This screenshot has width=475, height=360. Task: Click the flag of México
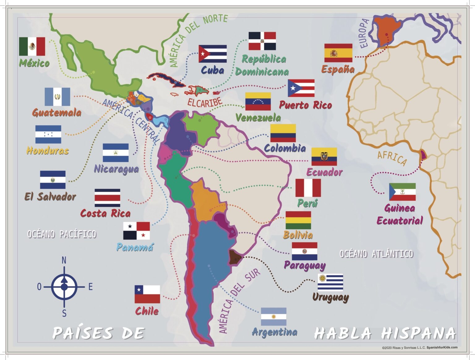(x=32, y=47)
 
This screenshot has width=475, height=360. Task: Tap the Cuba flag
(x=212, y=54)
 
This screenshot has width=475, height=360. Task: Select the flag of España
(x=338, y=53)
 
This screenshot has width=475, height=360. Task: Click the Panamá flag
(x=136, y=231)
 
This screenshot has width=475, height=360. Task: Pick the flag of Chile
(x=147, y=294)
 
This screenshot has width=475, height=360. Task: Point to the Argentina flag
(x=273, y=316)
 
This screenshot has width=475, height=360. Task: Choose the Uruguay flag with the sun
(x=330, y=282)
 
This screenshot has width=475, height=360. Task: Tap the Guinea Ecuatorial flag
(x=402, y=192)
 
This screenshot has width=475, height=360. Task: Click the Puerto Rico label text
(x=305, y=105)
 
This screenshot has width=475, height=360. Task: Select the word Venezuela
(x=258, y=117)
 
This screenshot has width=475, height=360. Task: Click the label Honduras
(x=48, y=150)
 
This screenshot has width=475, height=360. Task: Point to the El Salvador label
(x=50, y=197)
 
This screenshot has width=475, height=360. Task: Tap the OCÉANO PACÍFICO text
(x=62, y=234)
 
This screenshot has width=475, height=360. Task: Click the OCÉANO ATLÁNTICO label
(x=376, y=254)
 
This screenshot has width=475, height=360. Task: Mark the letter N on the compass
(x=64, y=260)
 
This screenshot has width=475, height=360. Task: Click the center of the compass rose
(x=64, y=287)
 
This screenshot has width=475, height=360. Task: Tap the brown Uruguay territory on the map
(x=234, y=257)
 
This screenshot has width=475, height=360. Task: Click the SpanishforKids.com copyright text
(x=419, y=348)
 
